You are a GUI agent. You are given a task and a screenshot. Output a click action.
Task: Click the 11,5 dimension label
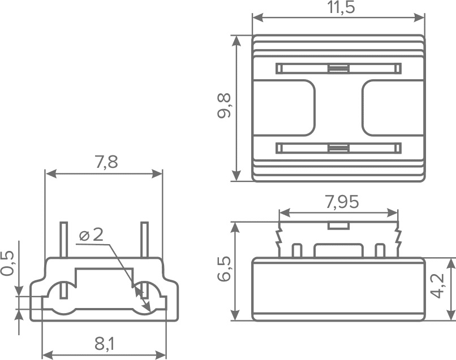click(x=341, y=7)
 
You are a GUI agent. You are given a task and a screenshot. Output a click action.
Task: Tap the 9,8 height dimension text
click(x=224, y=106)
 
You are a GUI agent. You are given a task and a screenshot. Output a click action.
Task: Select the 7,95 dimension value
click(x=342, y=202)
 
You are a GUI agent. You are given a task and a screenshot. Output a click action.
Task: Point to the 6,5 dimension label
click(x=224, y=269)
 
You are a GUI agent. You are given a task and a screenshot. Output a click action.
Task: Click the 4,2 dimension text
click(x=438, y=285)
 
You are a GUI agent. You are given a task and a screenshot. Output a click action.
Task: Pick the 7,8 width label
click(x=106, y=162)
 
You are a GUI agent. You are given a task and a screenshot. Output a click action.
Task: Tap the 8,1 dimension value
click(x=105, y=344)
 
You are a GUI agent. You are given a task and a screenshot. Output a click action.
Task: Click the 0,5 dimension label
click(x=7, y=263)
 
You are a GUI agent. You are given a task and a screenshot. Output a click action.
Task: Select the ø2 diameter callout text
click(x=91, y=235)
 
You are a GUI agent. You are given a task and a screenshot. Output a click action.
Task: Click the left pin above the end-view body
click(x=64, y=240)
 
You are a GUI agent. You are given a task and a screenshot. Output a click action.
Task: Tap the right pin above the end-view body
click(x=144, y=240)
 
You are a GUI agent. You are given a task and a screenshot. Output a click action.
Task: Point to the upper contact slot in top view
click(x=338, y=68)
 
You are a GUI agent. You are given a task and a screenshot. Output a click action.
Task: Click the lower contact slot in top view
click(x=338, y=148)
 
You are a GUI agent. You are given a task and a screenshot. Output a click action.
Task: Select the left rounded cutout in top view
click(x=284, y=107)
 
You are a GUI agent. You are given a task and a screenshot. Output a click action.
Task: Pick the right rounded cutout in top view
click(x=393, y=107)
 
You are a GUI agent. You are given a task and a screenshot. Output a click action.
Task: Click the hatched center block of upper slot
click(x=338, y=68)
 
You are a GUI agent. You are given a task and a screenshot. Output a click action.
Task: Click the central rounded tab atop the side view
click(x=338, y=250)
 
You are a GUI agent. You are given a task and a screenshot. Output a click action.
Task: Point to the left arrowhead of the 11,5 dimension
click(x=258, y=18)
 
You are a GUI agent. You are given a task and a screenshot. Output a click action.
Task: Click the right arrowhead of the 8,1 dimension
click(x=161, y=355)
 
